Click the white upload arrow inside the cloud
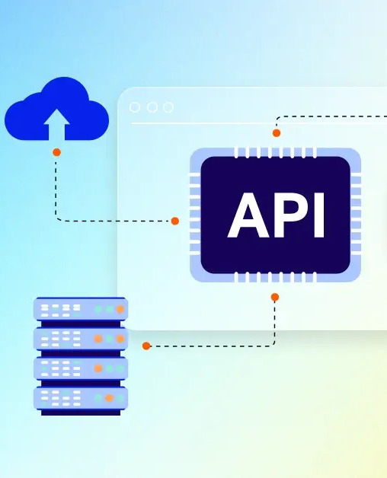[x=57, y=124]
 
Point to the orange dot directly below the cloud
[x=56, y=152]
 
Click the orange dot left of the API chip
[x=174, y=221]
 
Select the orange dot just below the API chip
[x=275, y=297]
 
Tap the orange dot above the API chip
[x=277, y=133]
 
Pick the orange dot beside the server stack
[x=146, y=346]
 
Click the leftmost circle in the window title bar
[x=135, y=107]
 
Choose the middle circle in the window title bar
[x=152, y=107]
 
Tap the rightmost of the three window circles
[x=168, y=107]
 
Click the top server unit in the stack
[x=80, y=309]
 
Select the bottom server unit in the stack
[x=80, y=397]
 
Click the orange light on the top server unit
[x=120, y=309]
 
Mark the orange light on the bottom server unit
[x=109, y=397]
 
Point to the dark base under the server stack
[x=80, y=412]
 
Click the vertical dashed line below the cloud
[x=56, y=186]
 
